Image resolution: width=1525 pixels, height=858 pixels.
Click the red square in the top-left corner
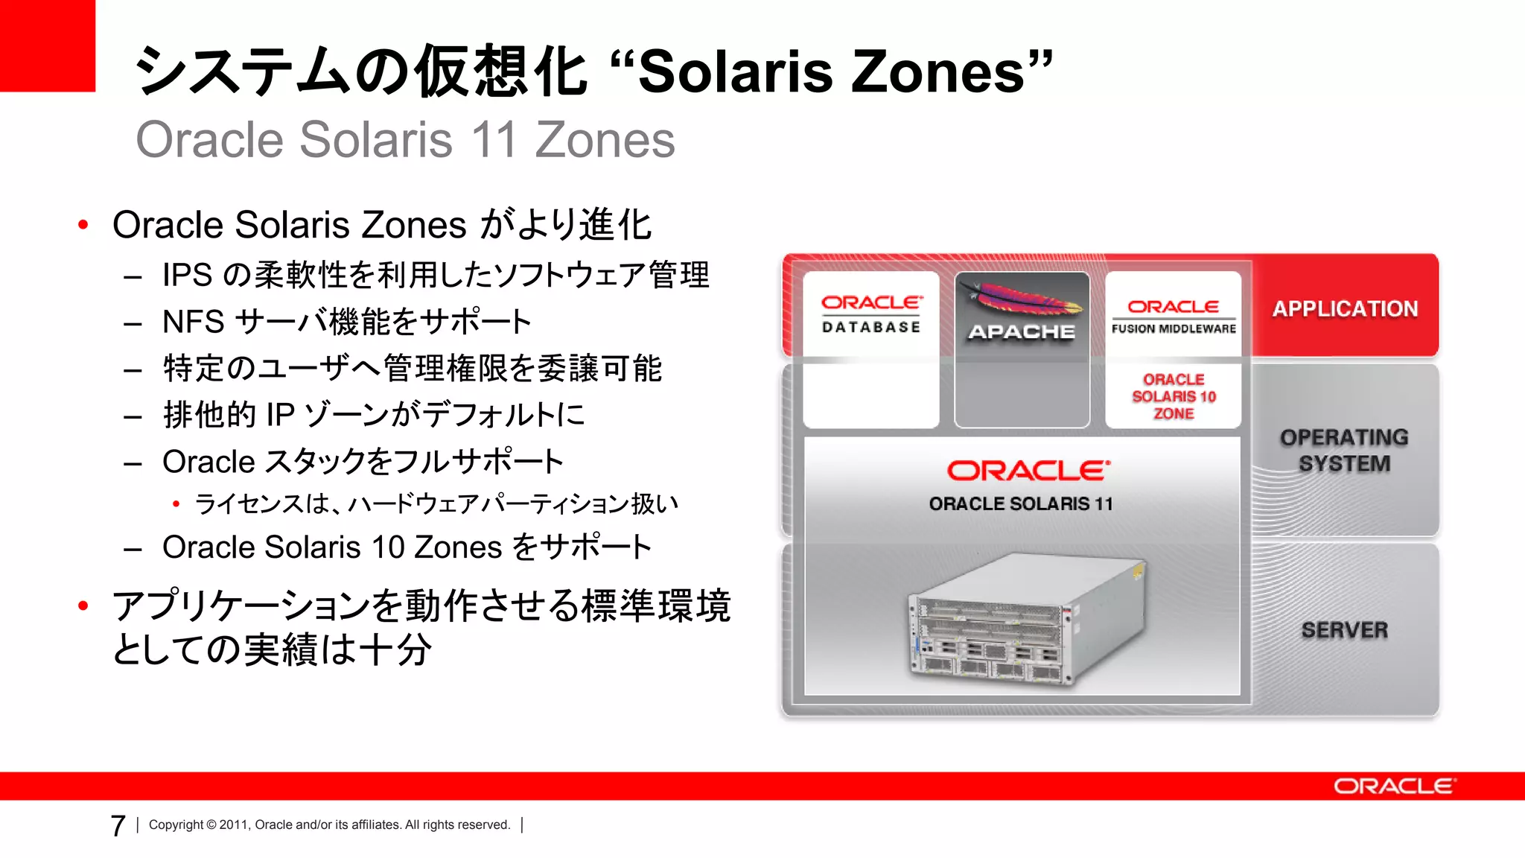47,45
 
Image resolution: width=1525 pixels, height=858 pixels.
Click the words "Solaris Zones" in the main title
831,72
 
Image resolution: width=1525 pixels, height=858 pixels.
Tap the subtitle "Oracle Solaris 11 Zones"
405,140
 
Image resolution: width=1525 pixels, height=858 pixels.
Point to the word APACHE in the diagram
1022,332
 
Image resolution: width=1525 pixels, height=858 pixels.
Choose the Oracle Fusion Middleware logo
1174,316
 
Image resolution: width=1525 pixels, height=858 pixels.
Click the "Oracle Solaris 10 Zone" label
1174,396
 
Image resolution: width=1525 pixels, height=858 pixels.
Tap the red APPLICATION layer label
1345,308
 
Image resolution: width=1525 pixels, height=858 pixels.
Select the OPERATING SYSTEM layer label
1345,450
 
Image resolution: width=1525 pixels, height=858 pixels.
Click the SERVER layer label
1345,630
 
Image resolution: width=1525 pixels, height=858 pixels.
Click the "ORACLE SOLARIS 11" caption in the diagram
1021,504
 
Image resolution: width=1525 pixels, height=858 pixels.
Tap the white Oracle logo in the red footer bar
1394,786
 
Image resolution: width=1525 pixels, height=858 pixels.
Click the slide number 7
118,825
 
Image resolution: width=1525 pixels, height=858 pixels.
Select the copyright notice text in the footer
329,824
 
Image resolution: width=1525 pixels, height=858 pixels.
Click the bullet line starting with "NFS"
346,322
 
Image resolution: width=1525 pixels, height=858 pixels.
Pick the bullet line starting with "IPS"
436,275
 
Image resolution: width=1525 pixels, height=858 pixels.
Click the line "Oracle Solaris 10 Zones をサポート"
407,547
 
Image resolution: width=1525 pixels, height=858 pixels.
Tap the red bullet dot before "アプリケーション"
83,606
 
